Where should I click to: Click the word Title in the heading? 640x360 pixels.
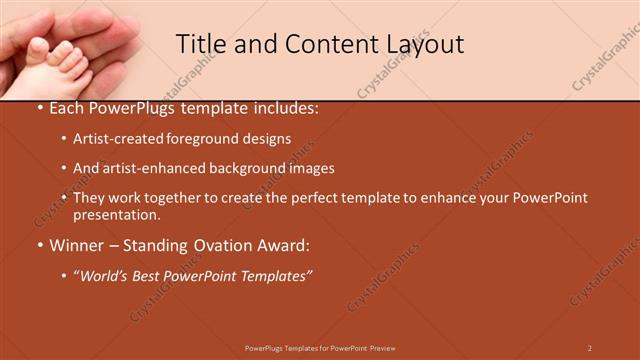click(198, 43)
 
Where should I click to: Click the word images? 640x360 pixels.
click(314, 169)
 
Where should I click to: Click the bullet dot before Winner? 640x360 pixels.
click(39, 245)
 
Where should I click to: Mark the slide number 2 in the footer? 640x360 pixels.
click(590, 348)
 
